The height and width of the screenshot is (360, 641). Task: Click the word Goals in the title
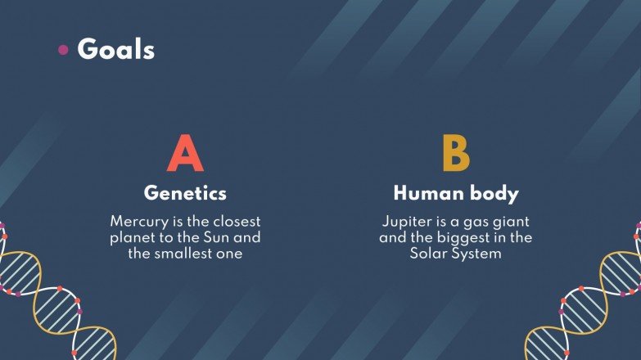tap(115, 50)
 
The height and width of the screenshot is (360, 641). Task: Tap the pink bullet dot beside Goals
tap(63, 50)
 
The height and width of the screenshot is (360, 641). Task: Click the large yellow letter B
tap(455, 153)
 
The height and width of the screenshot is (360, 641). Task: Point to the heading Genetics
tap(185, 193)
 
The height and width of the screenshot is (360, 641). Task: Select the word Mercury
tap(138, 222)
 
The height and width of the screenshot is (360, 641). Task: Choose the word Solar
tap(428, 254)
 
